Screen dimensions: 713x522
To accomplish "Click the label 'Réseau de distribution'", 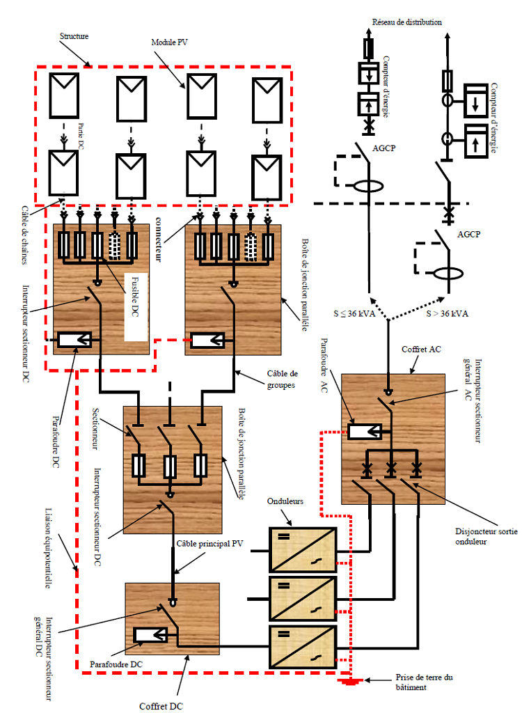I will click(x=407, y=22).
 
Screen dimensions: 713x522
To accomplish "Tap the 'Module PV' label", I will click(x=170, y=42).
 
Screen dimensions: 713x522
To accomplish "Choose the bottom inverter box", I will click(x=302, y=647).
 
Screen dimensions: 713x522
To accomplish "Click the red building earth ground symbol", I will click(x=349, y=681).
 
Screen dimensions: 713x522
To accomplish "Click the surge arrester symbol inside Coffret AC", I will click(x=365, y=431).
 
